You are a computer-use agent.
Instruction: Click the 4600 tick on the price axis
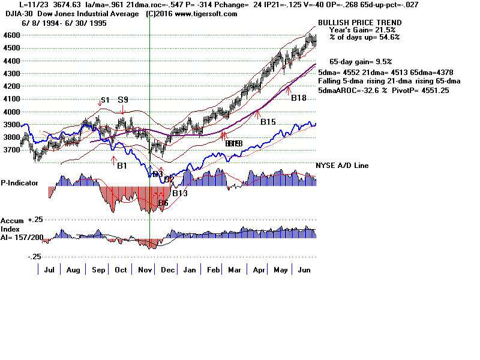tap(11, 35)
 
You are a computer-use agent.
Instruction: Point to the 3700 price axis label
tap(11, 150)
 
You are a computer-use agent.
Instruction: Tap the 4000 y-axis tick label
tap(11, 112)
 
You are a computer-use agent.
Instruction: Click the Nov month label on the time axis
tap(144, 271)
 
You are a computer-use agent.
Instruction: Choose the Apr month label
tap(259, 271)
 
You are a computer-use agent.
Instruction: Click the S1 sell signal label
tap(104, 100)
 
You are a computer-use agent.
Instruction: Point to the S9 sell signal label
tap(123, 100)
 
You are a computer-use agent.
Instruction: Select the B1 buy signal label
tap(122, 166)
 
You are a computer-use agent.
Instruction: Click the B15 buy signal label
tap(268, 122)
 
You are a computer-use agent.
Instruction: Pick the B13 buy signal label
tap(180, 193)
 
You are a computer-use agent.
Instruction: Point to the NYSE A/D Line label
tap(342, 166)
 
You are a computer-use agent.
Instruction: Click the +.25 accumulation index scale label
tap(34, 220)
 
